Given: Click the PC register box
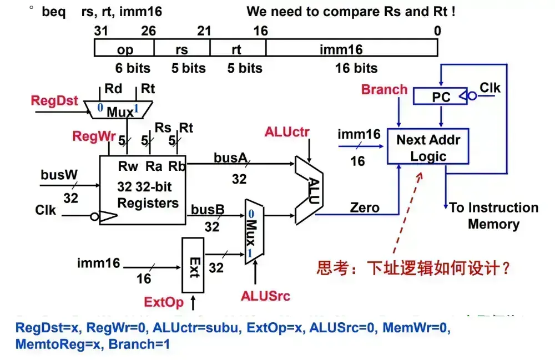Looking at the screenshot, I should point(441,97).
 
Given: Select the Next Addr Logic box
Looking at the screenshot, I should point(428,147).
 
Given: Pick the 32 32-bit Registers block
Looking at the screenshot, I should point(143,190).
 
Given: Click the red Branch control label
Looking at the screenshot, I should point(384,90).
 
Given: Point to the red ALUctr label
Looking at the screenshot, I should point(287,132).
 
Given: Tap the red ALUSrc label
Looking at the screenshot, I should point(265,296).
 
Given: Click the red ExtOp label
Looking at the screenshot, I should point(164,302).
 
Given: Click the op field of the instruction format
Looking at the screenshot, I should point(125,50).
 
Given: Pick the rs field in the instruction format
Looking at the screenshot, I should point(181,50).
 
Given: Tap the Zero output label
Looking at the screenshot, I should point(365,208).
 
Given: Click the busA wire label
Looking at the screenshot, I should point(230,158).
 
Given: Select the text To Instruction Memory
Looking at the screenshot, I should point(493,216).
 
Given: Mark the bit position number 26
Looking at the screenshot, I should point(148,31).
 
